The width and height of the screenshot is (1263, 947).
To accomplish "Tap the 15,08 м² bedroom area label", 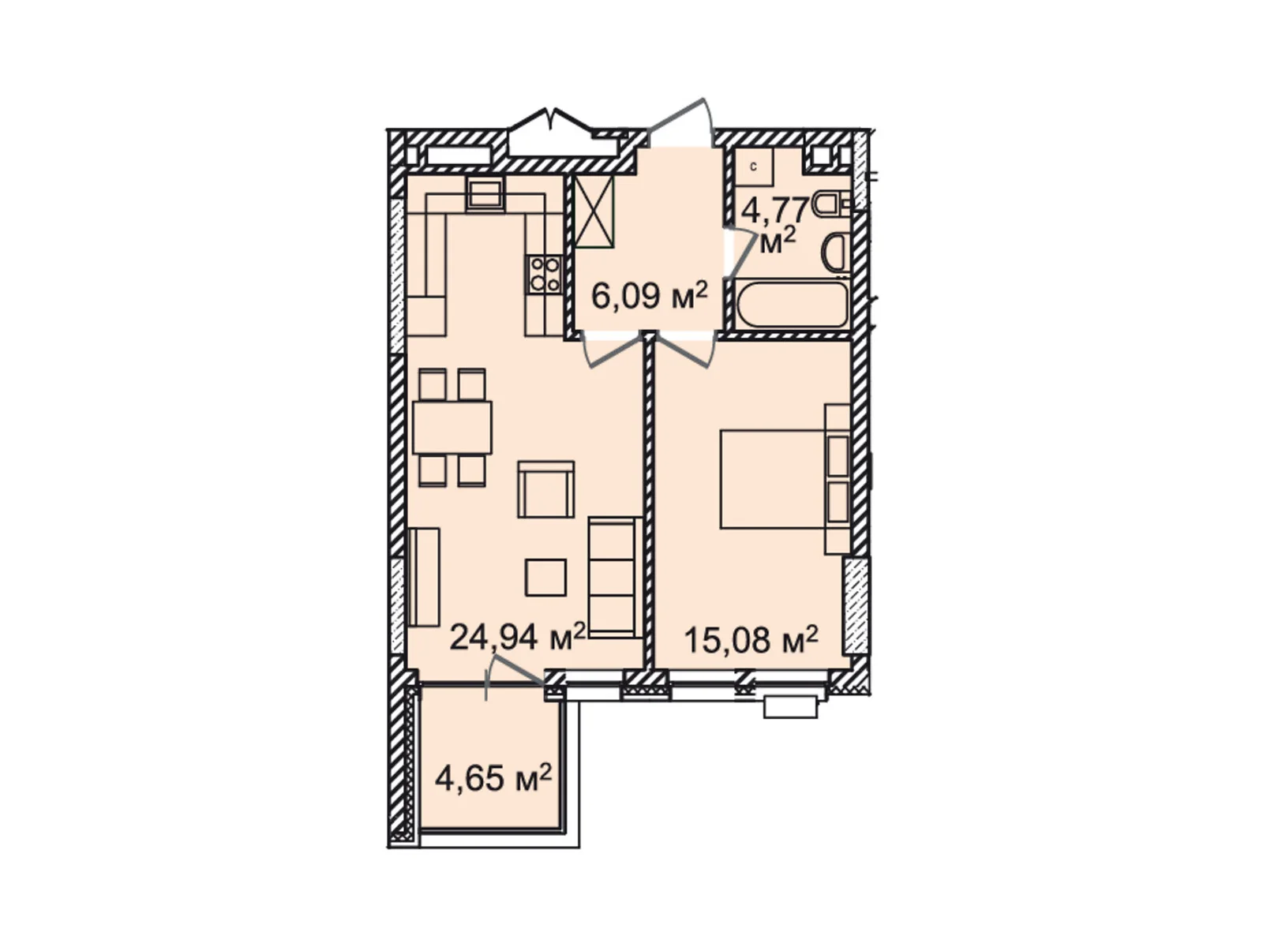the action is coord(751,640).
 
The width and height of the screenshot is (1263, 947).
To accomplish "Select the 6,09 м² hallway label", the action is coord(649,297).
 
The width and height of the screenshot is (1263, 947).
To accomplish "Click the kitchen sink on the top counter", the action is coord(485,193).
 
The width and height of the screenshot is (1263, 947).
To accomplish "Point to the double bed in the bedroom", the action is coord(773,478).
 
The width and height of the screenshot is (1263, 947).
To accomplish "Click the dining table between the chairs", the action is coord(452,427).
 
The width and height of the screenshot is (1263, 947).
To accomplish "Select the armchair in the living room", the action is coord(545,488).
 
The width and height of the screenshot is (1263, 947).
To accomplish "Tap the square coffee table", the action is coord(545,577).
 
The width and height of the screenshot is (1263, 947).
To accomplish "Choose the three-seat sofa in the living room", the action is coord(615,577).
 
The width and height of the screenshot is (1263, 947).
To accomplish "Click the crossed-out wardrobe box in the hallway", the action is coord(595,211).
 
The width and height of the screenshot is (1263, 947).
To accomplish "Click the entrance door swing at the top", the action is coord(683,122).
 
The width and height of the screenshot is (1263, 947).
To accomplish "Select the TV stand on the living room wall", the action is coord(424,577).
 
